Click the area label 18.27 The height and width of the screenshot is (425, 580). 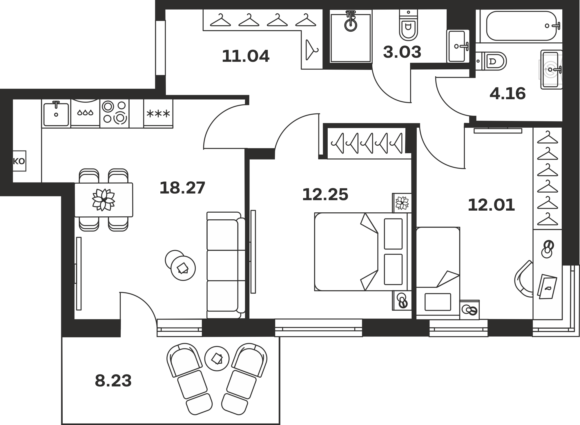pyautogui.click(x=182, y=188)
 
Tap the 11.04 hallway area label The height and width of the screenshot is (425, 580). pyautogui.click(x=246, y=56)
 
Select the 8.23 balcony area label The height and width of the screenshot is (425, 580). pyautogui.click(x=113, y=381)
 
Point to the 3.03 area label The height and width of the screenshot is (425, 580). pyautogui.click(x=402, y=52)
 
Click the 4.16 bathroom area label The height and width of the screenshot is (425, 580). pyautogui.click(x=507, y=94)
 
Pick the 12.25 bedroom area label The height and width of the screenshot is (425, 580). pyautogui.click(x=325, y=195)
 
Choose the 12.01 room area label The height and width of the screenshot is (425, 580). pyautogui.click(x=491, y=205)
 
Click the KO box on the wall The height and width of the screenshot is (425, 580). pyautogui.click(x=19, y=161)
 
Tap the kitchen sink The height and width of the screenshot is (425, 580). pyautogui.click(x=56, y=113)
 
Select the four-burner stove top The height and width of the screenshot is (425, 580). pyautogui.click(x=115, y=113)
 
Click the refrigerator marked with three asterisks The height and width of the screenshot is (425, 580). pyautogui.click(x=158, y=113)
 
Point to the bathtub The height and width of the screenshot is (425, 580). pyautogui.click(x=521, y=26)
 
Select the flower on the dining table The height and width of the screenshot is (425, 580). pyautogui.click(x=103, y=200)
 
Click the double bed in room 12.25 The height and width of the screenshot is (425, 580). pyautogui.click(x=363, y=252)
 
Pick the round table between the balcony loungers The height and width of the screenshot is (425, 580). pyautogui.click(x=217, y=359)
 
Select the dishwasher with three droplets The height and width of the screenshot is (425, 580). pyautogui.click(x=85, y=113)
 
